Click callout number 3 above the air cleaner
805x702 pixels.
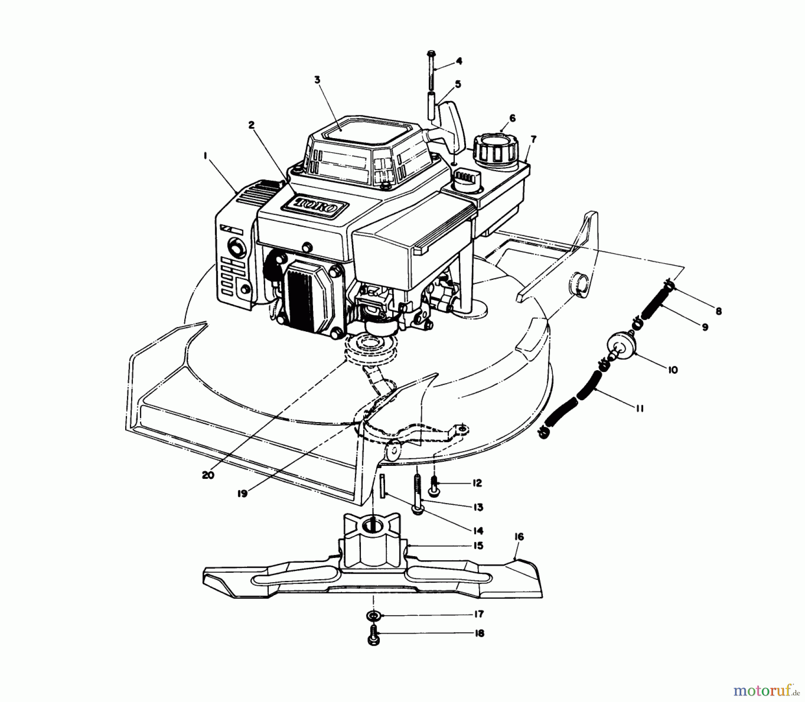pos(317,80)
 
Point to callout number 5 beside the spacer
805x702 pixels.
pos(458,84)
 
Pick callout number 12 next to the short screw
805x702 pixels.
pos(476,483)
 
